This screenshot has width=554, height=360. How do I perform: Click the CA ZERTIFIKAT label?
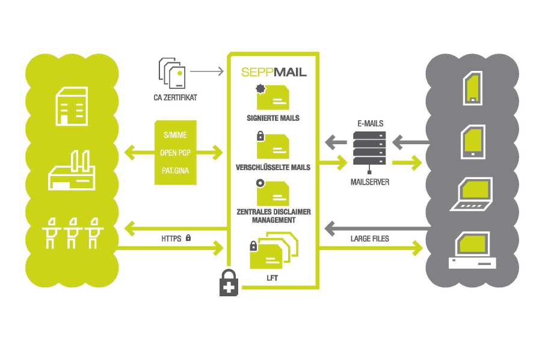[x=175, y=96]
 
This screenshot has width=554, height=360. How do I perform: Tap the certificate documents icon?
[x=172, y=73]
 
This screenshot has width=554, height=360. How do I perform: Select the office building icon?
[x=71, y=106]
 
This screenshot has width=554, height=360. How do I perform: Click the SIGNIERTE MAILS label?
[x=273, y=118]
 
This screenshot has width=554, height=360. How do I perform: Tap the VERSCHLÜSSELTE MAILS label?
[x=273, y=167]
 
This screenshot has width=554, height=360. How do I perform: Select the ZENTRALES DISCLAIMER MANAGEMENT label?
[x=273, y=216]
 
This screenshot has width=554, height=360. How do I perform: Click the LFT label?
[x=273, y=278]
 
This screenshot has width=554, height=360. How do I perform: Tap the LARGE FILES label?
[x=370, y=239]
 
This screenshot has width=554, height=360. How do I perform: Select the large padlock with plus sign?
[x=229, y=282]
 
